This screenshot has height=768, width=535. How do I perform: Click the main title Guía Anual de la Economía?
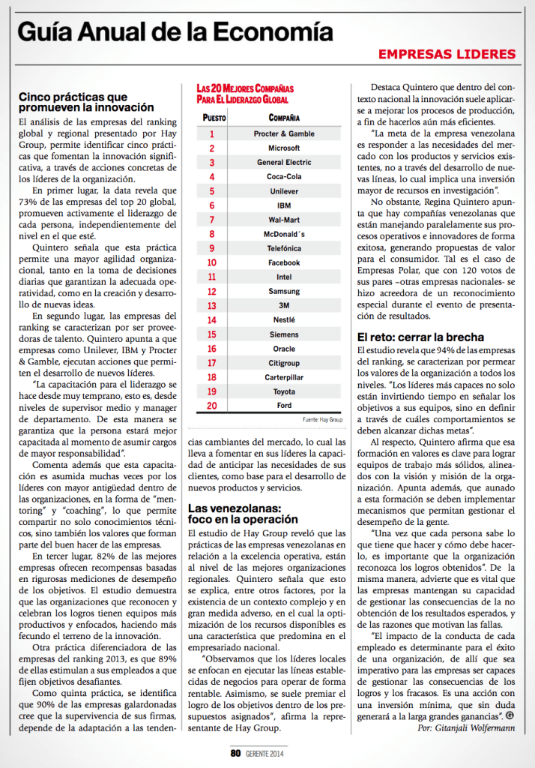click(175, 31)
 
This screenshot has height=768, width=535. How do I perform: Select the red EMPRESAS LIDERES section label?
click(447, 54)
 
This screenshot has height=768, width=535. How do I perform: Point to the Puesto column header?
click(214, 118)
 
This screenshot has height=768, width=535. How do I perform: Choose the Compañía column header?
click(284, 118)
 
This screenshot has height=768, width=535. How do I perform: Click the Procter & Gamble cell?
click(284, 133)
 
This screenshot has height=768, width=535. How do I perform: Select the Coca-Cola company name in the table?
click(284, 177)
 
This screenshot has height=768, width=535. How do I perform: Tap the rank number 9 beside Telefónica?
click(212, 248)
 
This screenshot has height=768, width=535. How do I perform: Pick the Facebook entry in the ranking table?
click(284, 262)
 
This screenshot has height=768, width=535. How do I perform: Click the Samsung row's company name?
click(284, 291)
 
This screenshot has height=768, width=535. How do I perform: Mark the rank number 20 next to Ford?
click(212, 406)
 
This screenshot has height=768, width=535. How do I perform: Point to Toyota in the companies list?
click(284, 391)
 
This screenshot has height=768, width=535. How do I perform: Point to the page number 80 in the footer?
click(235, 752)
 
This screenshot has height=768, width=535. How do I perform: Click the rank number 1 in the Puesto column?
click(212, 133)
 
